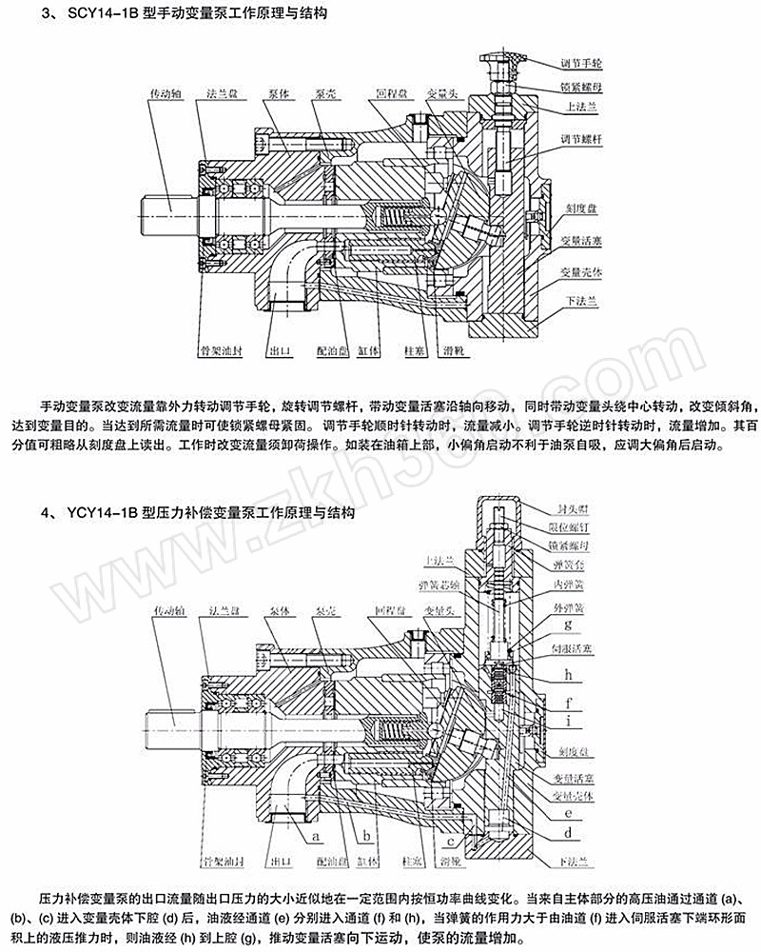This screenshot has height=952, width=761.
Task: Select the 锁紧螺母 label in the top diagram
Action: tap(582, 87)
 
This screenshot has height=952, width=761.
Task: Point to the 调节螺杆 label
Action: tap(582, 139)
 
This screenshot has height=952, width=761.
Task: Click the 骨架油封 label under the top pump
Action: tap(224, 350)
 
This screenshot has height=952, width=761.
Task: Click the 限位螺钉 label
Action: tap(576, 527)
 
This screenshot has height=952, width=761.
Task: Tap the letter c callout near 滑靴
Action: tap(448, 843)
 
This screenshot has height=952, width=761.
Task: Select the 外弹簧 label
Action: tap(573, 605)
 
